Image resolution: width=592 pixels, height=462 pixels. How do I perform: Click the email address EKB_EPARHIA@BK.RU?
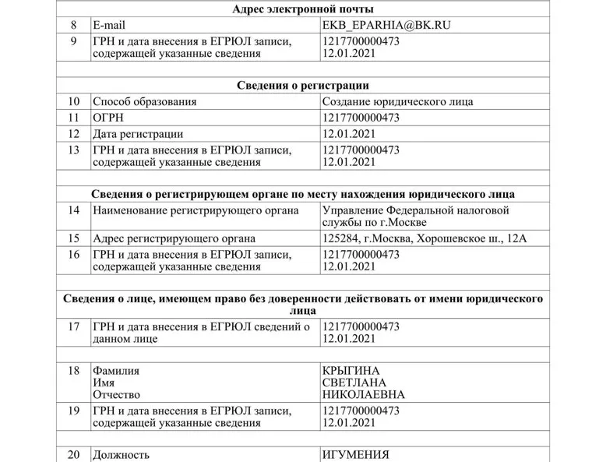pyautogui.click(x=386, y=25)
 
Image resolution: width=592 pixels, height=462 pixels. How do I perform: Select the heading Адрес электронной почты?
pyautogui.click(x=304, y=9)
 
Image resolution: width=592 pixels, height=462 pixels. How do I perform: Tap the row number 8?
pyautogui.click(x=74, y=25)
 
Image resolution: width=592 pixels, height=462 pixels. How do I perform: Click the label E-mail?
pyautogui.click(x=111, y=25)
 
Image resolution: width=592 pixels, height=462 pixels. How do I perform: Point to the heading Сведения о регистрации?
pyautogui.click(x=304, y=85)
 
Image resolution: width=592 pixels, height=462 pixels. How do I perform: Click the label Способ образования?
pyautogui.click(x=144, y=101)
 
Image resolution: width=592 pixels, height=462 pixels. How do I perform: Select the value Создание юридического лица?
pyautogui.click(x=397, y=101)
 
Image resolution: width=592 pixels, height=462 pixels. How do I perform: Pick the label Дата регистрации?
pyautogui.click(x=139, y=134)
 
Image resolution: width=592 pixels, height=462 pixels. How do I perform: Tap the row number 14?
pyautogui.click(x=74, y=210)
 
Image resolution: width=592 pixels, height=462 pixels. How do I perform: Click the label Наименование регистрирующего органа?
pyautogui.click(x=195, y=210)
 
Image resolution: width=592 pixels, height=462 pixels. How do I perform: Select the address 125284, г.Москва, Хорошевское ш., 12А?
pyautogui.click(x=424, y=238)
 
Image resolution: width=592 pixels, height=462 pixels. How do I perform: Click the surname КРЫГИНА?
pyautogui.click(x=355, y=370)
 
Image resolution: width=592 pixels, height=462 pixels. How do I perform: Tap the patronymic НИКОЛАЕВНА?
pyautogui.click(x=363, y=394)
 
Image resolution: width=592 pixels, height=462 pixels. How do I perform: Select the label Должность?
pyautogui.click(x=121, y=455)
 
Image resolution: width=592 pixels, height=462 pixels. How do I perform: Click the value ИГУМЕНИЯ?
pyautogui.click(x=356, y=455)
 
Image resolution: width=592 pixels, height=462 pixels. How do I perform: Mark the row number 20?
pyautogui.click(x=74, y=455)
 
